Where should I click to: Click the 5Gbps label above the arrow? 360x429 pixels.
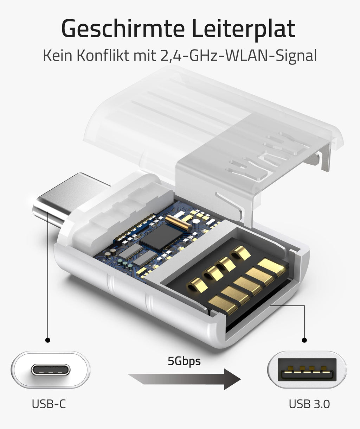tap(184, 361)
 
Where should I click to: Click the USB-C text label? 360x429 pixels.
tap(49, 404)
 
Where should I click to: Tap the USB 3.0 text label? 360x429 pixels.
tap(309, 404)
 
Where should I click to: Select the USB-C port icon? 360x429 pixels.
tap(50, 370)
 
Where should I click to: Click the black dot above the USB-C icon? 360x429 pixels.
tap(48, 340)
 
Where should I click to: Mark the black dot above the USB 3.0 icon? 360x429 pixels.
tap(304, 340)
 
